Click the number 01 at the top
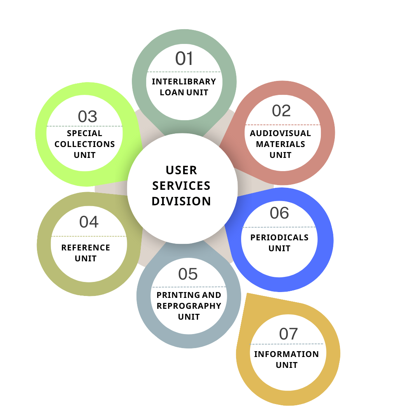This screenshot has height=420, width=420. tap(184, 58)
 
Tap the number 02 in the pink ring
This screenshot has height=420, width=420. tap(281, 111)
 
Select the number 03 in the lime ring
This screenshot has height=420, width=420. tap(87, 117)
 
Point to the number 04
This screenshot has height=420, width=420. tap(89, 222)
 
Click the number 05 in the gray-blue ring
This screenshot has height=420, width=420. tap(188, 274)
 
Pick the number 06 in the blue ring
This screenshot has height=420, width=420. tap(279, 213)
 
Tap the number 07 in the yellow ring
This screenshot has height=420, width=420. tap(289, 334)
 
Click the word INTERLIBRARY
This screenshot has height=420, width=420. tap(184, 82)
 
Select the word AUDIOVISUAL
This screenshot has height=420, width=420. tap(280, 133)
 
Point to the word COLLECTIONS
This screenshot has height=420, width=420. tap(85, 144)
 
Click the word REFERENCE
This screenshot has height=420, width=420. tap(86, 248)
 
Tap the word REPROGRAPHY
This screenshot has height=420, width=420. tap(189, 306)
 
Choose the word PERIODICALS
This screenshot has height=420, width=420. tap(279, 238)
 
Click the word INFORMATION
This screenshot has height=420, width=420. tap(286, 354)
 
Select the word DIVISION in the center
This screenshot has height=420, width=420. tap(181, 201)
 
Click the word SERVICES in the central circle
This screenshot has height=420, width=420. tap(181, 186)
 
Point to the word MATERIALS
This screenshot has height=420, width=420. tap(280, 144)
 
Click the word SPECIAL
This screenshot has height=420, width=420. tap(85, 133)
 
